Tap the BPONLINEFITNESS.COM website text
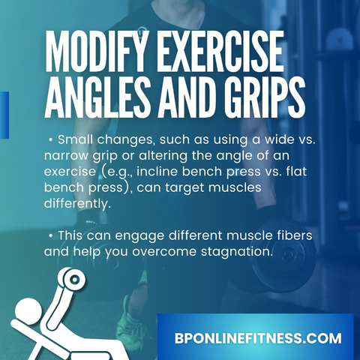coord(258,338)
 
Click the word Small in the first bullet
coord(75,139)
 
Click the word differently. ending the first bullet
coord(77,204)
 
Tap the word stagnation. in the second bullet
coord(236,252)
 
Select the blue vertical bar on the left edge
coord(4,115)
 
